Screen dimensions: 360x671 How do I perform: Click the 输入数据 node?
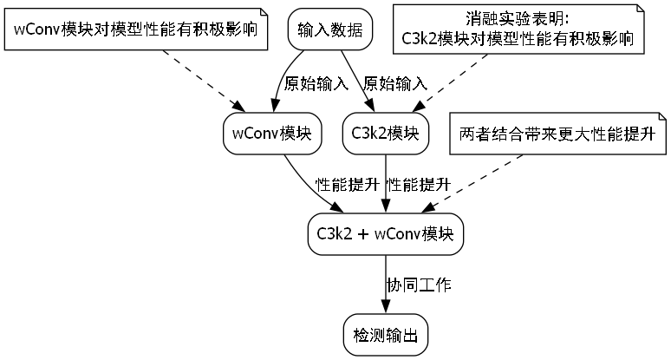coord(329,30)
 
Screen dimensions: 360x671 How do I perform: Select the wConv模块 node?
coord(272,134)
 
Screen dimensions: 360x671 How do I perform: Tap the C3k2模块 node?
coord(385,134)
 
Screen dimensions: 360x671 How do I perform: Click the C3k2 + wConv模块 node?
coord(385,233)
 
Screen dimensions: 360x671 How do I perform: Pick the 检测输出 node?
coord(385,334)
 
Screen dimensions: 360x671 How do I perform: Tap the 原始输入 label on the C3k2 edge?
coord(395,84)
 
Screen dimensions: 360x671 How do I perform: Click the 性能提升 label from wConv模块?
coord(347,184)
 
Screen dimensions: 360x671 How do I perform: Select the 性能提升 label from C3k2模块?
coord(418,184)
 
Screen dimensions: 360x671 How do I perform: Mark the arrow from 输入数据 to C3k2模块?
coord(353,78)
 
